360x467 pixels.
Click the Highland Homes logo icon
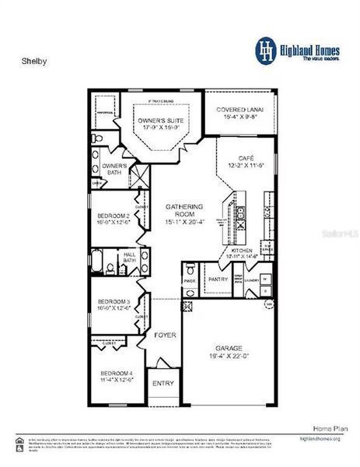267,48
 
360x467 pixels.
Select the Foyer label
165,335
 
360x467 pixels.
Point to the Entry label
163,383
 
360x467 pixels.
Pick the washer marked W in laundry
265,277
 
